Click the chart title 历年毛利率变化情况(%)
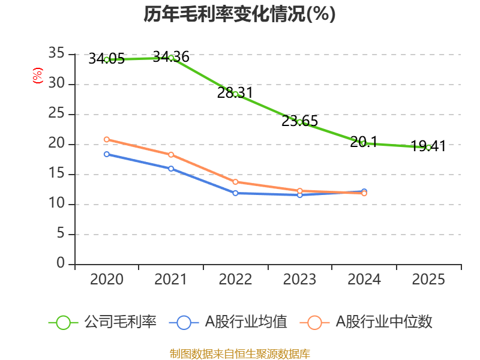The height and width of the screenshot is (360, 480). tap(239, 14)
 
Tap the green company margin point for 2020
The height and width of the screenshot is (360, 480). tap(107, 59)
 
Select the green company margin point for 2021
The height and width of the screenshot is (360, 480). tap(171, 58)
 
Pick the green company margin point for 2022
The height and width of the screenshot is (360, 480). tap(235, 94)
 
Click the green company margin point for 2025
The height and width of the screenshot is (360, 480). tap(428, 147)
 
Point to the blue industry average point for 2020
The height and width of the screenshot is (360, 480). tap(107, 154)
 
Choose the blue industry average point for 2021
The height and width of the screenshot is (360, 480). tap(171, 169)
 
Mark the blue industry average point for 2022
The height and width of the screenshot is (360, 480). tap(235, 193)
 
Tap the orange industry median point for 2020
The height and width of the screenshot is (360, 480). tap(107, 139)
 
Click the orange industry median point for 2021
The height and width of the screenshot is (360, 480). tap(171, 155)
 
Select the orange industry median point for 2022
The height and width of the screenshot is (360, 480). tap(235, 182)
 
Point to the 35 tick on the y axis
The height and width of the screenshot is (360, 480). tap(56, 54)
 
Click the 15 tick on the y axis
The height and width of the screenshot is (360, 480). tap(56, 174)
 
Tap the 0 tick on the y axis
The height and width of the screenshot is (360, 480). tap(61, 264)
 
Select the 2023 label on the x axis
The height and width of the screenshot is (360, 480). tap(299, 280)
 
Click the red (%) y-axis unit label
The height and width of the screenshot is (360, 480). tap(38, 76)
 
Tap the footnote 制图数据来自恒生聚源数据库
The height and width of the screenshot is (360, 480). tap(239, 353)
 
